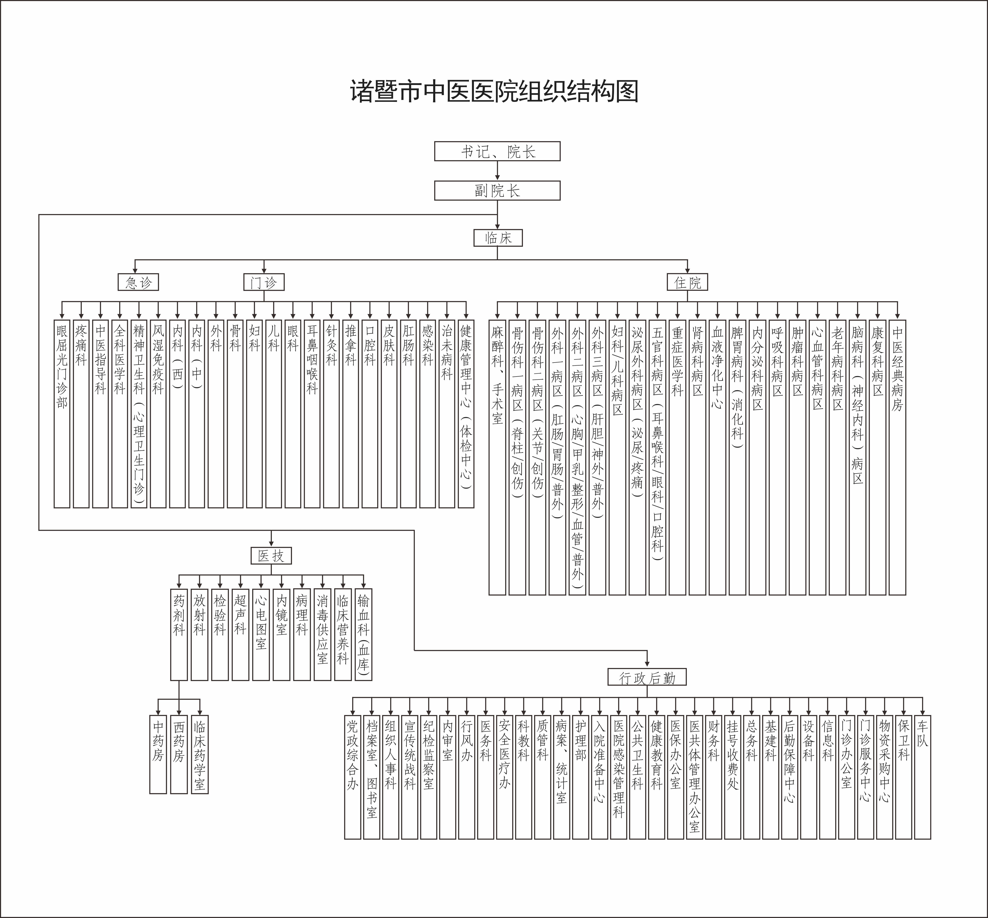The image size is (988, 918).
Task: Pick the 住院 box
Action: click(x=687, y=282)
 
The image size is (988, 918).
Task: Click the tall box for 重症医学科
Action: click(x=677, y=457)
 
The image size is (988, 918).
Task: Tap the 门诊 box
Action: click(x=264, y=282)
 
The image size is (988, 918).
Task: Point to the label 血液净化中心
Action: click(x=717, y=367)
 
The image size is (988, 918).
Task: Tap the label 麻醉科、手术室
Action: click(x=497, y=374)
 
